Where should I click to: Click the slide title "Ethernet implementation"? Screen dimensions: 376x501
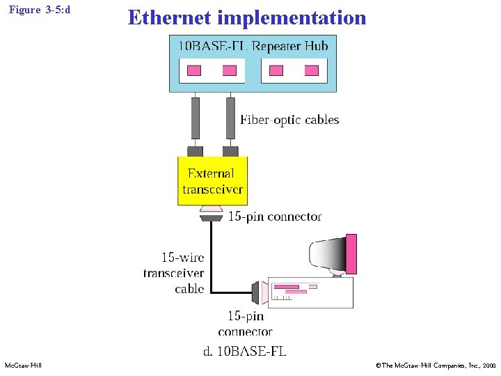pyautogui.click(x=246, y=17)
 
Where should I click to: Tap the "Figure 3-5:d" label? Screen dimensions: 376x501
pyautogui.click(x=40, y=12)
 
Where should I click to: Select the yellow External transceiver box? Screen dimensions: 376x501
pyautogui.click(x=212, y=181)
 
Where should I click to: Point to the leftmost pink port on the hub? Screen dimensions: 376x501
pyautogui.click(x=194, y=70)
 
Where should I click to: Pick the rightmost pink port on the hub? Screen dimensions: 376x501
pyautogui.click(x=311, y=70)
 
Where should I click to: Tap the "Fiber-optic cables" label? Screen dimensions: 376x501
pyautogui.click(x=289, y=120)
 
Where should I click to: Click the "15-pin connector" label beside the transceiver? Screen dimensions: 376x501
pyautogui.click(x=275, y=217)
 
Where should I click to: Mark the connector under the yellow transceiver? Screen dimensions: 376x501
pyautogui.click(x=211, y=213)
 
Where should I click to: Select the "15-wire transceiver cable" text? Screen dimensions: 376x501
pyautogui.click(x=173, y=273)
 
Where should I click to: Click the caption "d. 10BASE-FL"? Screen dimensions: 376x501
pyautogui.click(x=244, y=351)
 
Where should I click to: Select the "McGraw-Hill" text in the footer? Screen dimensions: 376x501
pyautogui.click(x=23, y=366)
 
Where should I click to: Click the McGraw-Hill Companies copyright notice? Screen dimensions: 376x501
pyautogui.click(x=435, y=366)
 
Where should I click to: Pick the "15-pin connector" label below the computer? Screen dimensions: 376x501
pyautogui.click(x=245, y=324)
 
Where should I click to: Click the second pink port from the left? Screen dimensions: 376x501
pyautogui.click(x=229, y=70)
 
